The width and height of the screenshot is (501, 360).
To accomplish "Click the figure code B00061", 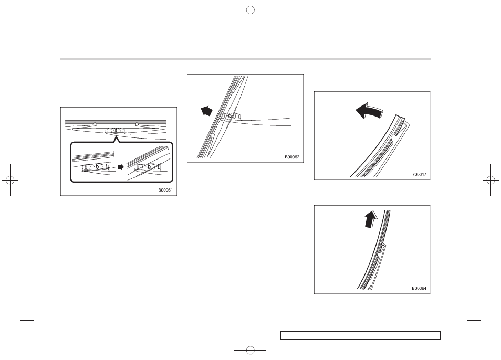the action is click(165, 190).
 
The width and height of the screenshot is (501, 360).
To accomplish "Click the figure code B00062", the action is click(292, 157).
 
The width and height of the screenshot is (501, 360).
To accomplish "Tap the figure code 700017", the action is click(419, 175).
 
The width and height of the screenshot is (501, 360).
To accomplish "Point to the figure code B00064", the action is click(419, 288).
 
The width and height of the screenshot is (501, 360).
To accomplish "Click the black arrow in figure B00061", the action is click(121, 167).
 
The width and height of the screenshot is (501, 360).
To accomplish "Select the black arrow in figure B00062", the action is click(206, 111).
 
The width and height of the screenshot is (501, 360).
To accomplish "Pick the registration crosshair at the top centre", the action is click(250, 10).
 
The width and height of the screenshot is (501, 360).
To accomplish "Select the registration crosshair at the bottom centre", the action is click(250, 350).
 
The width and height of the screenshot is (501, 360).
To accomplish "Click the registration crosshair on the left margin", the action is click(10, 181).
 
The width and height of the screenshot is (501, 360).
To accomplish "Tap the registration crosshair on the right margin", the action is click(491, 181).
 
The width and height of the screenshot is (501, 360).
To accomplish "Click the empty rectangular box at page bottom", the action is click(360, 335).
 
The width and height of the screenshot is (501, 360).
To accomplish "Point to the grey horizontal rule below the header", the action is click(245, 59).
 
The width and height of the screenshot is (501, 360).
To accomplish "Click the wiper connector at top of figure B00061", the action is click(114, 130).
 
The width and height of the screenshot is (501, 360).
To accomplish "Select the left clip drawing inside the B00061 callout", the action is click(96, 166).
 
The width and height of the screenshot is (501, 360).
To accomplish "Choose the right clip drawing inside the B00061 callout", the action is click(148, 166).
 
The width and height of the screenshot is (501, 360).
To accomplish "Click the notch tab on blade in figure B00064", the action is click(382, 249).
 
